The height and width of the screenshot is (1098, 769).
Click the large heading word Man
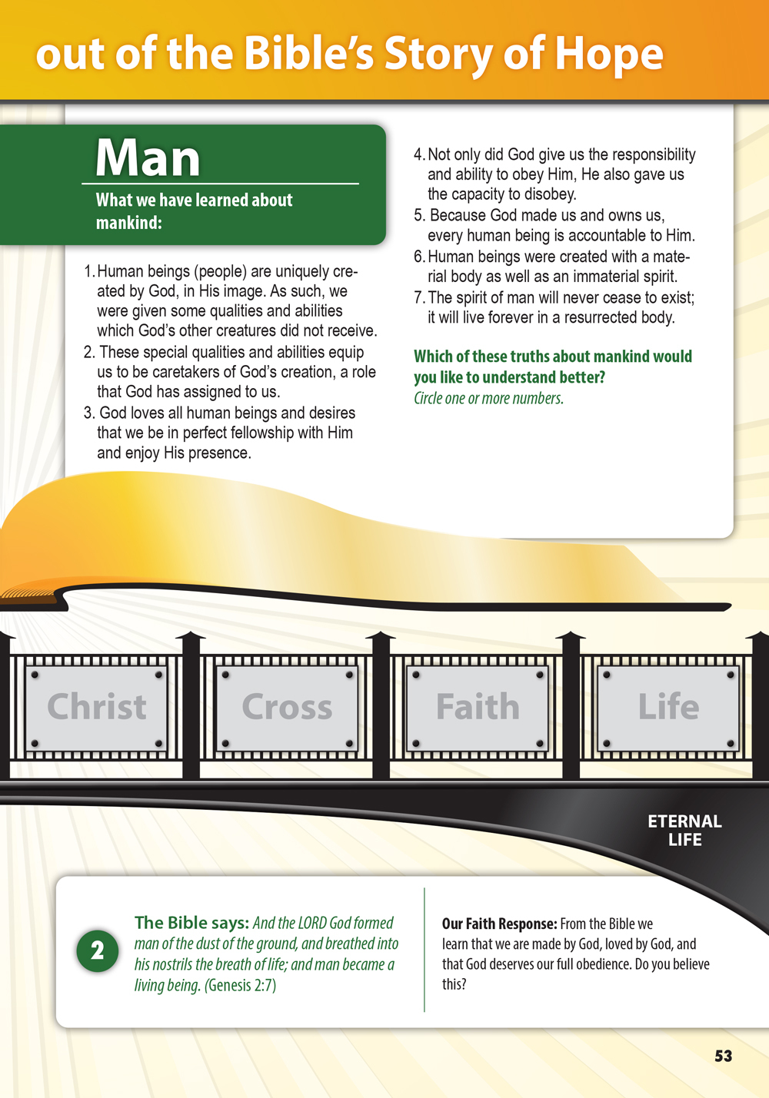click(148, 158)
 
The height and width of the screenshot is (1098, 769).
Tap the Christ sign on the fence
click(97, 708)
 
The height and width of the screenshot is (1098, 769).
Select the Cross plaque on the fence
click(287, 708)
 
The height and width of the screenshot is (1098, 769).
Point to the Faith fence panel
click(478, 708)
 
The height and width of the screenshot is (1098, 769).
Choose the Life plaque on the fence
click(668, 708)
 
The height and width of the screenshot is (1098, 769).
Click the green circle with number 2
click(97, 951)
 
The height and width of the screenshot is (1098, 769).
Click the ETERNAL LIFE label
click(684, 831)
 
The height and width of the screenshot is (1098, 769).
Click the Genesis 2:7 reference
click(240, 985)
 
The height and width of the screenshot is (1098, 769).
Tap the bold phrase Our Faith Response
click(499, 924)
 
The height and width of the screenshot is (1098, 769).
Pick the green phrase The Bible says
click(191, 923)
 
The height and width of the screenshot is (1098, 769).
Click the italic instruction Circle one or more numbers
click(488, 398)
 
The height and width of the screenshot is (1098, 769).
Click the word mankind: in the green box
click(128, 223)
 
